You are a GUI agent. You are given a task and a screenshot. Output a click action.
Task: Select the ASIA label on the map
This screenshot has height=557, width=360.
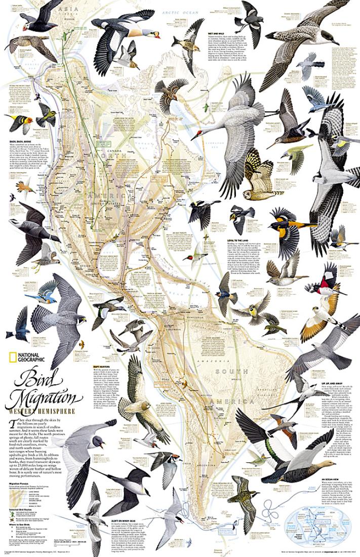pos(63,9)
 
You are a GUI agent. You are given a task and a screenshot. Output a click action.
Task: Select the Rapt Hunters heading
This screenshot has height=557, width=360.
pos(122,366)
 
